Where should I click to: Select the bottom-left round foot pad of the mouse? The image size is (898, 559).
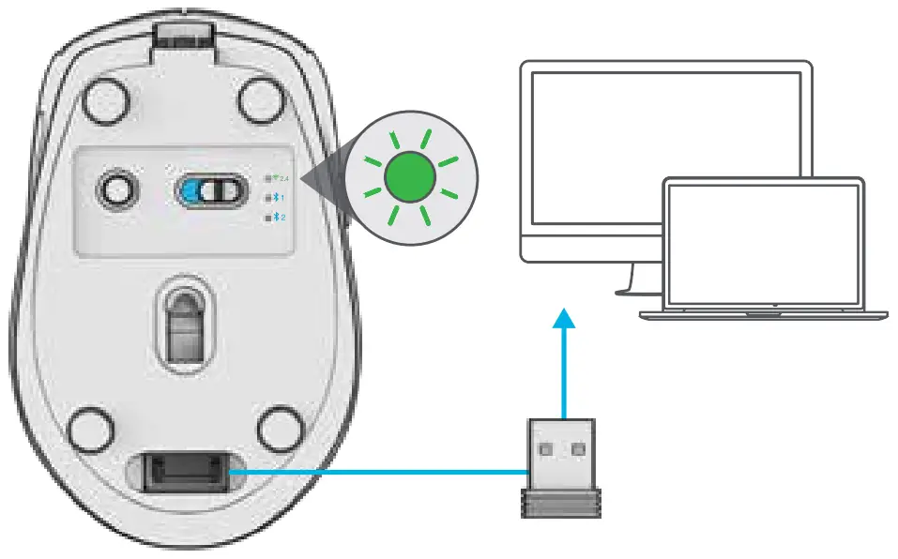point(90,426)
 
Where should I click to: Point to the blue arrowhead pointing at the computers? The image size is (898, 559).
point(562,320)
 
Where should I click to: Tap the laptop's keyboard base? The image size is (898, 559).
point(763,312)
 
